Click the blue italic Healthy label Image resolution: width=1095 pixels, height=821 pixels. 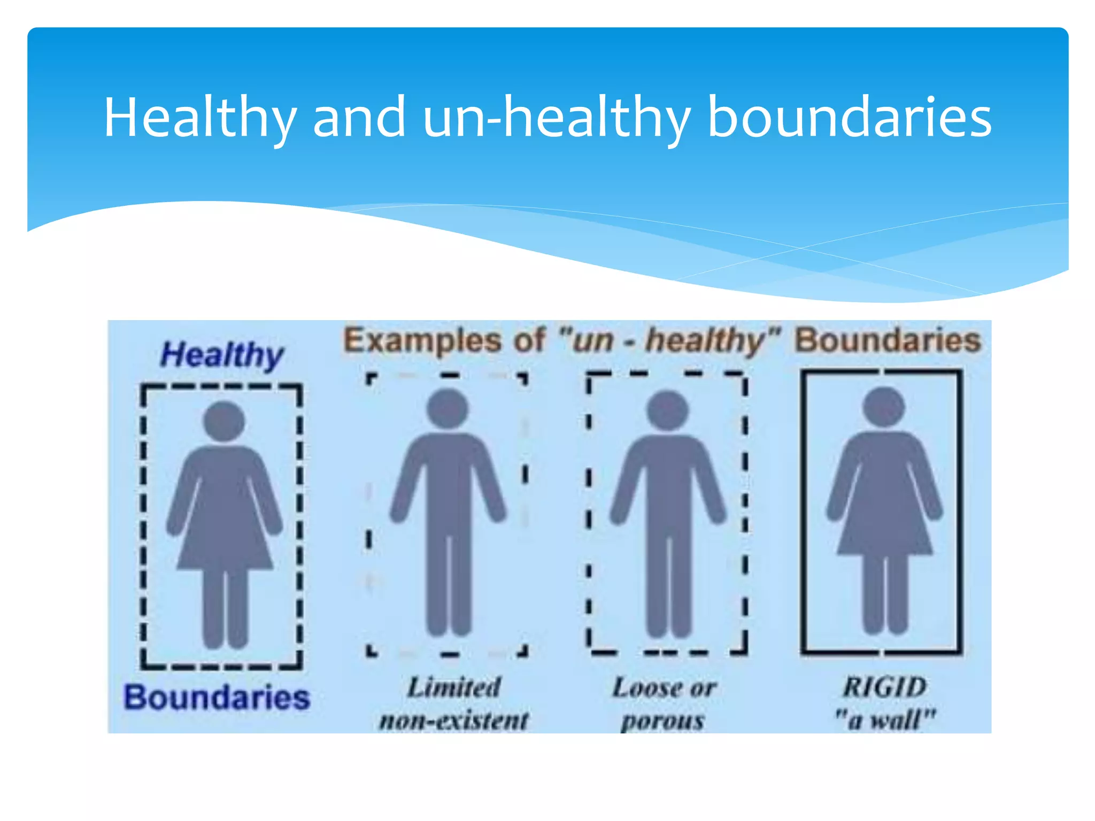[221, 355]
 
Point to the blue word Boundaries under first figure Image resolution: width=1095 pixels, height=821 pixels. [217, 698]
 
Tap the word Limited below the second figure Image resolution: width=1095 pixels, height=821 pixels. [454, 687]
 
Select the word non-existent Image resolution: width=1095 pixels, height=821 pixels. [454, 720]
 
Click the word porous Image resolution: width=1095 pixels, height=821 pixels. [663, 721]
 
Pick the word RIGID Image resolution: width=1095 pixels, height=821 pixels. [884, 687]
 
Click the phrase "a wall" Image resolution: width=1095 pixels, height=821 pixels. [885, 720]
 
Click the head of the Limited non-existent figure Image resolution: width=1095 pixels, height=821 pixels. [448, 409]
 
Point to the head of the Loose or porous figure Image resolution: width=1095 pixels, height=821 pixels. [667, 410]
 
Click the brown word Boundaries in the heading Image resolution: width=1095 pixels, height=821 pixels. [888, 340]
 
